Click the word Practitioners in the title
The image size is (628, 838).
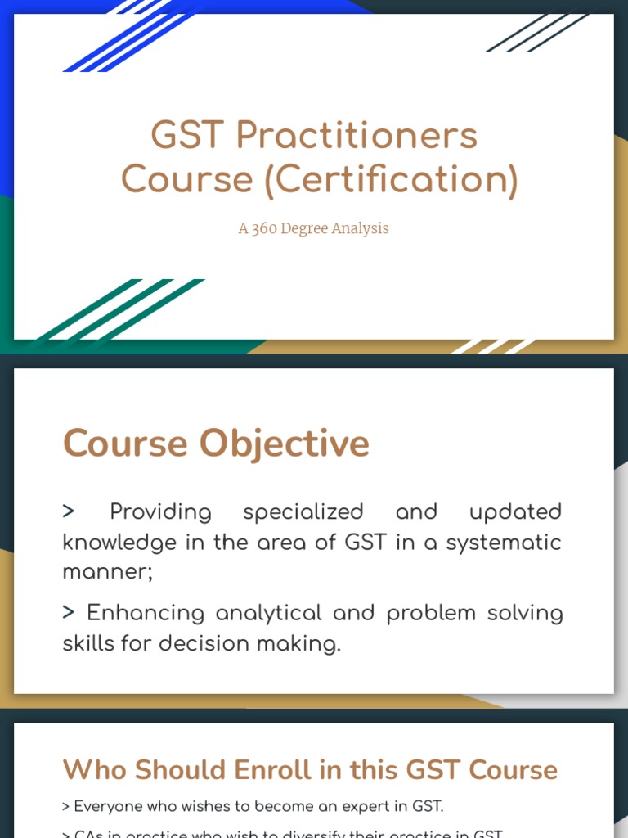tap(357, 136)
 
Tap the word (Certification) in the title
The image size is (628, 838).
tap(391, 180)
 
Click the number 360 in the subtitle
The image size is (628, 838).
tap(264, 229)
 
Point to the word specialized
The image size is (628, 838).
tap(303, 512)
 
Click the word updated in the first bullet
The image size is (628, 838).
tap(515, 512)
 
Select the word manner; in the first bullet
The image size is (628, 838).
tap(108, 572)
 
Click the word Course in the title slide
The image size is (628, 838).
tap(187, 180)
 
